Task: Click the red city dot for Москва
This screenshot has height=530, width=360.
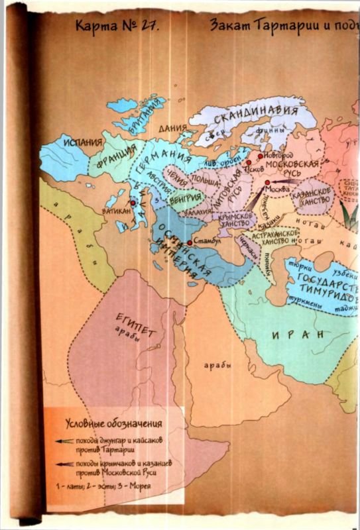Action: point(266,182)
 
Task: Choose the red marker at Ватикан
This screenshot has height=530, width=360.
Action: point(133,202)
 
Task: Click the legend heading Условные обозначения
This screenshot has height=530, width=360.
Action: point(114,423)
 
